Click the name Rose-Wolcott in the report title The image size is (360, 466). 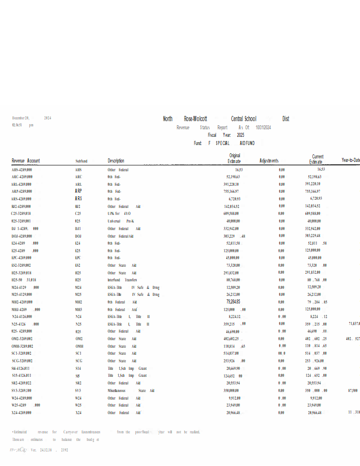pos(196,119)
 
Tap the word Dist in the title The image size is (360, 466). pos(286,119)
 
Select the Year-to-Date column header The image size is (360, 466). pos(351,160)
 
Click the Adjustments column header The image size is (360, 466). pos(269,161)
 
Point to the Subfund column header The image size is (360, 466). pos(81,161)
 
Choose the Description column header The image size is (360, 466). pos(116,161)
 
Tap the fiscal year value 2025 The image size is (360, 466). pos(241,135)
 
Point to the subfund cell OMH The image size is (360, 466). pos(79,346)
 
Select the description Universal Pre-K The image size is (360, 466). pos(121,221)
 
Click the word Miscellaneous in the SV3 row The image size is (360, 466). pos(118,390)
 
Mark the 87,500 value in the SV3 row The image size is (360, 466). pos(352,390)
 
